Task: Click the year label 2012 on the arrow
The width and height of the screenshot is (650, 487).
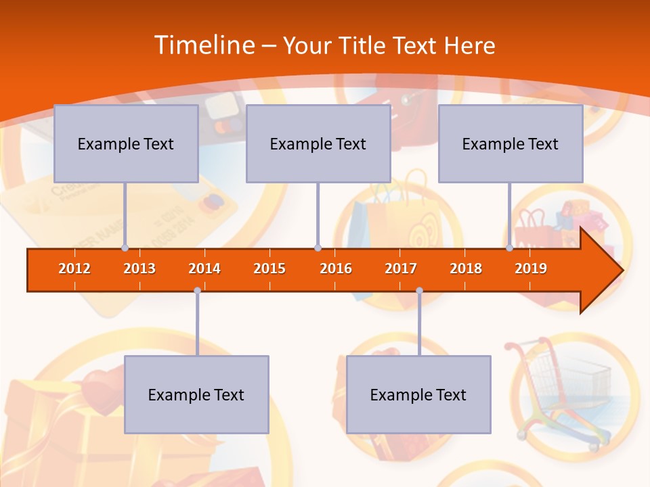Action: point(74,269)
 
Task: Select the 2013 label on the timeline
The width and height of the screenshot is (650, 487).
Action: point(139,269)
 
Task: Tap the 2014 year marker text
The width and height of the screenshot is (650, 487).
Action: point(204,269)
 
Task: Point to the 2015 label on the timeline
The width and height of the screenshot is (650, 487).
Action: point(269,269)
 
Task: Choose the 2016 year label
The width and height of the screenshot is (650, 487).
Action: point(336,269)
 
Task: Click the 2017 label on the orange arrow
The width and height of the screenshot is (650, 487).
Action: point(401,269)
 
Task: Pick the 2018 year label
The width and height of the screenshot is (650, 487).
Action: point(466,269)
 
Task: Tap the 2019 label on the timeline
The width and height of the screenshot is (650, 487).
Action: point(531,269)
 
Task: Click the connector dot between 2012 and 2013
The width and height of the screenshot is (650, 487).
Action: point(125,248)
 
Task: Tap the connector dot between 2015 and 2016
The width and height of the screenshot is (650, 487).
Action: point(318,248)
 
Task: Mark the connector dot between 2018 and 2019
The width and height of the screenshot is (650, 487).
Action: point(509,248)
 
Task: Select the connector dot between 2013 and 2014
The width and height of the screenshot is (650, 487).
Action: point(197,291)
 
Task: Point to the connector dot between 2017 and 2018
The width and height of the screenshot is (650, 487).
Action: point(419,291)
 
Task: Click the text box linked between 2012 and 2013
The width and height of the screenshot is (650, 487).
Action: point(126,143)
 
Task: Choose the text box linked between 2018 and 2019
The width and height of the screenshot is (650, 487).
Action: point(511,143)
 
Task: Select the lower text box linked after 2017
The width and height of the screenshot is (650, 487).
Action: point(418,394)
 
